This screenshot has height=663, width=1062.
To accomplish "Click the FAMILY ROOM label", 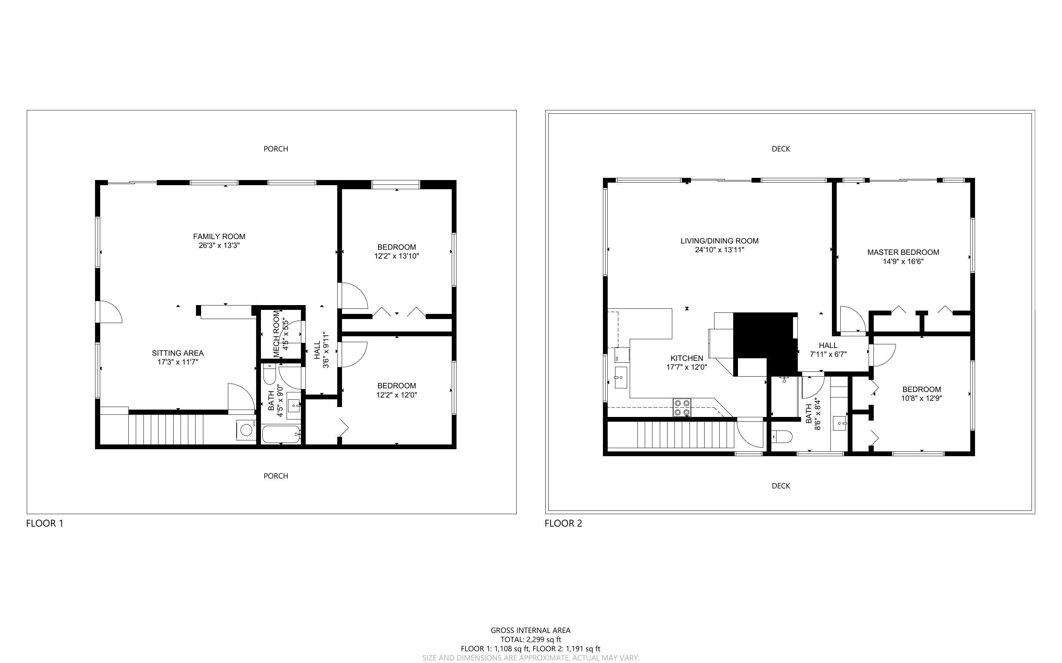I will pos(219,237).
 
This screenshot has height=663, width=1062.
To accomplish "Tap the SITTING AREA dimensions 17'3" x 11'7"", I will pos(178,362).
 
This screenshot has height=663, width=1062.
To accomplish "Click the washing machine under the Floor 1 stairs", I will pos(246,429).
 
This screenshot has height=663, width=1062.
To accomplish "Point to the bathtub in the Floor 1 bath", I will pos(281,435).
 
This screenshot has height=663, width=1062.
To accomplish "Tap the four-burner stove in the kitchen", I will pos(682,407).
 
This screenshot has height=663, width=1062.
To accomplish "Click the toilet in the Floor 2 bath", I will pos(782,436).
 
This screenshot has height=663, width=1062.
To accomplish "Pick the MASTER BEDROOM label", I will pos(903,252).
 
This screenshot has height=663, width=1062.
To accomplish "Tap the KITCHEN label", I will pos(687,358).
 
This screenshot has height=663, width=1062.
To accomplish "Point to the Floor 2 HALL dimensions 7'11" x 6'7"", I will pos(828,354).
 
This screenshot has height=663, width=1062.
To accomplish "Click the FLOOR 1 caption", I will pos(45,523).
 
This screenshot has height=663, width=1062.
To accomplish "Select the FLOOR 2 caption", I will pos(563,523).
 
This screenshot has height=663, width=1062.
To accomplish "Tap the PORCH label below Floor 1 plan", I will pos(276,476).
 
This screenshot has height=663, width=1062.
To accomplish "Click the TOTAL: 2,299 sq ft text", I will pos(530,639).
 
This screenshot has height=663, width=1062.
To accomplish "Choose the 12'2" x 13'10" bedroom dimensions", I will pos(397,256).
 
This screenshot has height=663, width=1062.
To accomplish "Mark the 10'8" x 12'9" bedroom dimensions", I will pos(921,399).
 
